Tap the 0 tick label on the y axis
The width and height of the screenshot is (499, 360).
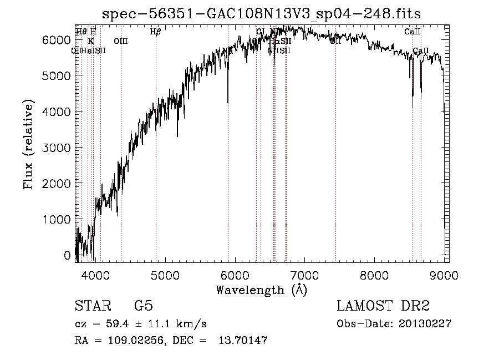pos(67,256)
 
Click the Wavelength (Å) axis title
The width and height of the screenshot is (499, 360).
pos(261,289)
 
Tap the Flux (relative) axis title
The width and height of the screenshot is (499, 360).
pos(28,145)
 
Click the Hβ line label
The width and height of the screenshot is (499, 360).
pos(156,32)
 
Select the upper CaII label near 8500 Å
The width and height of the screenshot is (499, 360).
pos(413,32)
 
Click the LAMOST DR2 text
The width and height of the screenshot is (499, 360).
pos(383,306)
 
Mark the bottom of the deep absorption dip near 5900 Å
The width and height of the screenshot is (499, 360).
pos(228,103)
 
